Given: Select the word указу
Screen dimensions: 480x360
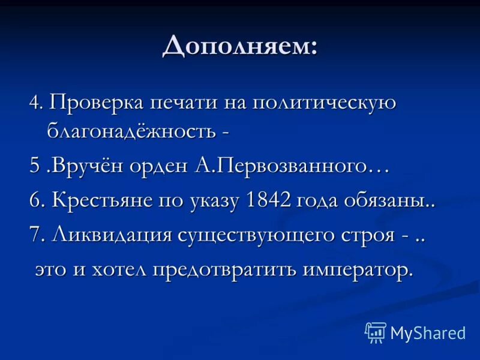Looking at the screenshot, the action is pos(212,201).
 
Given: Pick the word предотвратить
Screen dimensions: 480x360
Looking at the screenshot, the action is pos(225,269).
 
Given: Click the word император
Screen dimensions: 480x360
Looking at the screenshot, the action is pos(357,269).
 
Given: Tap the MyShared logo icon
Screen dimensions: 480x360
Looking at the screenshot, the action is pos(376,332).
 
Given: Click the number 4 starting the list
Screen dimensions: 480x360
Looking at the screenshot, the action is pos(34,103).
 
